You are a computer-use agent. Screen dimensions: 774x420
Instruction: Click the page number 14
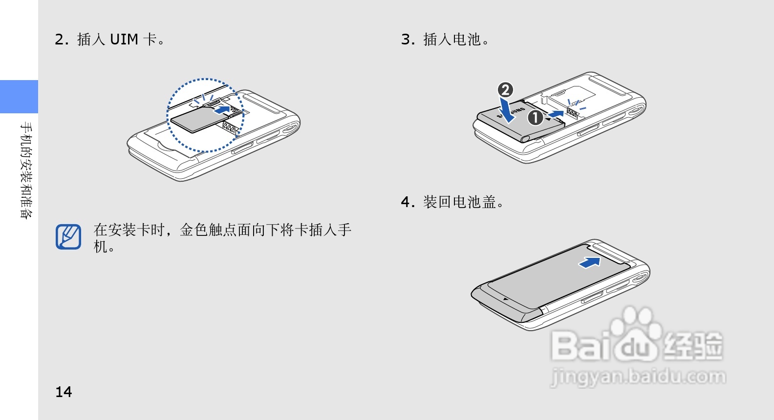[64, 392]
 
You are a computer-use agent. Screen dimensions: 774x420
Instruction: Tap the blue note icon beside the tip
[68, 237]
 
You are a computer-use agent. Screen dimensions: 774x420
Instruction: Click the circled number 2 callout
[505, 90]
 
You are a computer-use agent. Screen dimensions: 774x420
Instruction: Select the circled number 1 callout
[535, 118]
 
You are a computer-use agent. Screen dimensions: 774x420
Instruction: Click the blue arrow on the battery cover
[590, 263]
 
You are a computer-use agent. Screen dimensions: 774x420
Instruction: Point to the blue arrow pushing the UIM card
[223, 109]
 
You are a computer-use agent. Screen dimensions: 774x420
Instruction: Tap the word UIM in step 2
[124, 39]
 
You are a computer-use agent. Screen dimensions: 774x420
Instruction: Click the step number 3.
[407, 39]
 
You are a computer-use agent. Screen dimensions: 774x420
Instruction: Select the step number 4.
[407, 202]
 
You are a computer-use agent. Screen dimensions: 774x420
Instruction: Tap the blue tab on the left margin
[19, 97]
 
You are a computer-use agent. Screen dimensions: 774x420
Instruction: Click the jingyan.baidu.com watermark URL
[638, 377]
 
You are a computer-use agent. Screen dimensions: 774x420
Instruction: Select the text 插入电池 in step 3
[452, 39]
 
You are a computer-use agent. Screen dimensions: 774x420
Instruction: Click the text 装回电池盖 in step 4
[459, 202]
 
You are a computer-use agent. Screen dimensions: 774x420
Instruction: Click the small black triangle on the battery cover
[505, 299]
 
